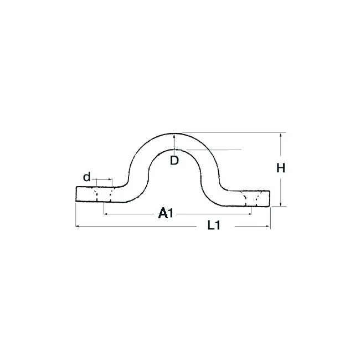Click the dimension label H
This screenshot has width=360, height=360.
tap(281, 168)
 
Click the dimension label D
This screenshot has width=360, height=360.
tap(174, 160)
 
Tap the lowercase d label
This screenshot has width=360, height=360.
tap(87, 177)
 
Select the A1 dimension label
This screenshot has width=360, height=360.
tap(166, 213)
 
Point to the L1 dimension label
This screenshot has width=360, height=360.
tap(214, 225)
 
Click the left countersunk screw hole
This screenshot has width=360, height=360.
tap(104, 194)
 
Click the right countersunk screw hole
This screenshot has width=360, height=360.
tap(252, 198)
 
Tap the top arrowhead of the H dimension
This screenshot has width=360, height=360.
tap(281, 136)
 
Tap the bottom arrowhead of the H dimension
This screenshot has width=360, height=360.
tap(281, 204)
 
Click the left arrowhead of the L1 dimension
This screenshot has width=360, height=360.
tap(78, 227)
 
